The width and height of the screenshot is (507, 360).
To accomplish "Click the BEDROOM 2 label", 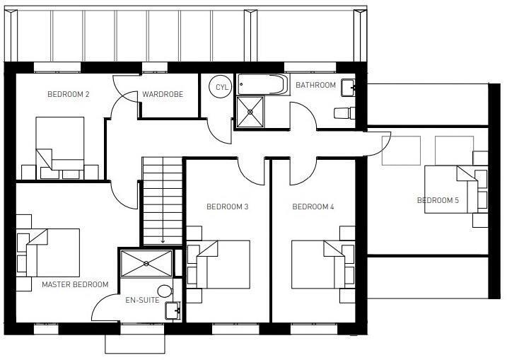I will coord(68,94).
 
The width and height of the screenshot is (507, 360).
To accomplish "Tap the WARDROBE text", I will coord(163,94).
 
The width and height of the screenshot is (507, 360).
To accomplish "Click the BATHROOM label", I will coord(315,86).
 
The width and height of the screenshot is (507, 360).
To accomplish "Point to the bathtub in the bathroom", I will coord(261,86).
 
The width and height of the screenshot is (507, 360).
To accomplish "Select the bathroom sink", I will coord(347,88).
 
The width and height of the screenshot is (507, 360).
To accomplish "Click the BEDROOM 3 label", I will coord(227,207).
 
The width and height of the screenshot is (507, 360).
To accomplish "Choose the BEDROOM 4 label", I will coord(313,207).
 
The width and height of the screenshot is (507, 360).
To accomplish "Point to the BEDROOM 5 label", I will coord(438,201).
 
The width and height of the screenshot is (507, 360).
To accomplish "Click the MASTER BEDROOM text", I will coord(75,284).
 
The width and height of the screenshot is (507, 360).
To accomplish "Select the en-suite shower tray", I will coord(146,263).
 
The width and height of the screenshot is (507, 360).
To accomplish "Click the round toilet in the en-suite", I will coord(165,291).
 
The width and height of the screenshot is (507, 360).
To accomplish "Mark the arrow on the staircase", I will coord(163,240).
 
